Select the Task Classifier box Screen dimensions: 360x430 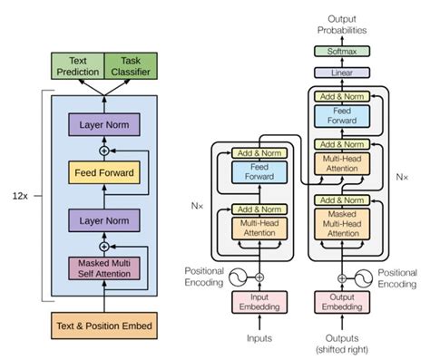131,64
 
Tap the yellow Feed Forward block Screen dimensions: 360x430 103,171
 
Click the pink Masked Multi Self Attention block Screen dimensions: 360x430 103,268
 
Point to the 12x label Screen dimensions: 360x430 19,194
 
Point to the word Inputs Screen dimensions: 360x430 259,339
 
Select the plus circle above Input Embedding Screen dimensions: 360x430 259,277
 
